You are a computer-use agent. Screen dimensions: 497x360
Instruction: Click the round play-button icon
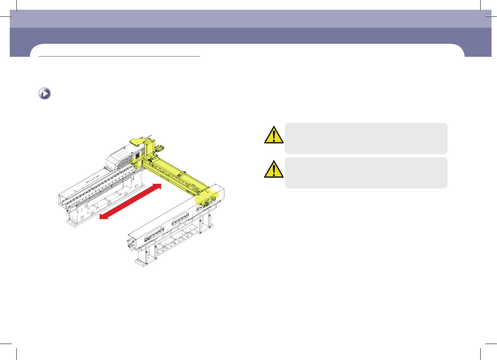coord(44,94)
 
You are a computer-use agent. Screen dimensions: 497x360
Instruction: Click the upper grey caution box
coord(366,138)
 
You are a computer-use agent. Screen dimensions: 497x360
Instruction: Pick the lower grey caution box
coord(366,173)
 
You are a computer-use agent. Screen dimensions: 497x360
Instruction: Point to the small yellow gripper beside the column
coord(160,148)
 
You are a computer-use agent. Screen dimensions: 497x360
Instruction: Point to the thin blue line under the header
coord(119,56)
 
